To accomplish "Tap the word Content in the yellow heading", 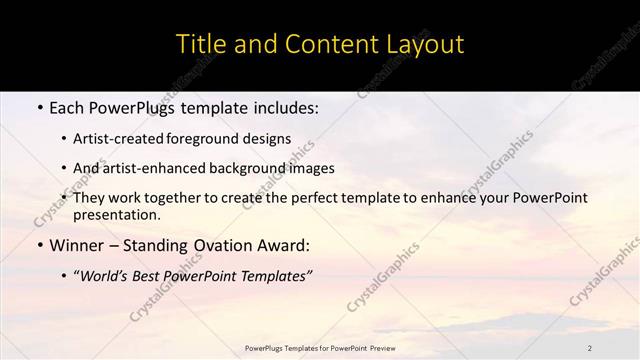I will (x=322, y=45).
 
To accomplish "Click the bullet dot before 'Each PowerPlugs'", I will (x=38, y=105).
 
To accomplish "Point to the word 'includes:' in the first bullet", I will (x=284, y=105).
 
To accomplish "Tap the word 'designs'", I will (x=269, y=139).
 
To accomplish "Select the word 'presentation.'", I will (x=116, y=214).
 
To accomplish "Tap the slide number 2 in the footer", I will (x=589, y=348).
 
